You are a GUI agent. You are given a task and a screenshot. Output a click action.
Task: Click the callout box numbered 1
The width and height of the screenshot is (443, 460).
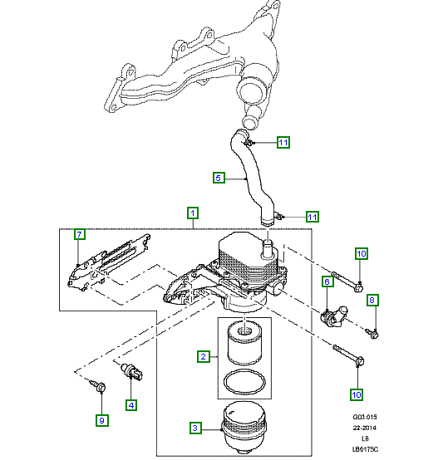[x=193, y=213]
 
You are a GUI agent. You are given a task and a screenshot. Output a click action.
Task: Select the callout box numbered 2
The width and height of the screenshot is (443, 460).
[x=203, y=356]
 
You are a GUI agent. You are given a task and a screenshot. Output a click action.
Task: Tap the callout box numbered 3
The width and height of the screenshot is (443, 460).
[x=195, y=428]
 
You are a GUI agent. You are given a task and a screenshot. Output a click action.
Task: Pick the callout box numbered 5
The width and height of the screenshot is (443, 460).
[x=219, y=178]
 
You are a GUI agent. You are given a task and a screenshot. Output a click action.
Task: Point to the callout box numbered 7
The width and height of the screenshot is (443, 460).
[x=79, y=234]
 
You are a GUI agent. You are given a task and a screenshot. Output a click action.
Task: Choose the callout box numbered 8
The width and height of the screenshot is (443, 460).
[x=372, y=300]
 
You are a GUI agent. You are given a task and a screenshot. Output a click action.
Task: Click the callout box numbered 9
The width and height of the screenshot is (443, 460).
[x=102, y=420]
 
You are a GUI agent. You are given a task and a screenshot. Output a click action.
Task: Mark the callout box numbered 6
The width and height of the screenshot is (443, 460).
[x=327, y=281]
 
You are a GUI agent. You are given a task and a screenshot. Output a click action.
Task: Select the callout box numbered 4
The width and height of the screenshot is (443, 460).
[x=131, y=405]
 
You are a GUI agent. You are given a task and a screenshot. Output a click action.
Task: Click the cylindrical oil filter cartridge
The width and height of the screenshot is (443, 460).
[x=244, y=343]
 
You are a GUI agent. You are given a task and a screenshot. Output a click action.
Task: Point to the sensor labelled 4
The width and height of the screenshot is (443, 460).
[x=132, y=371]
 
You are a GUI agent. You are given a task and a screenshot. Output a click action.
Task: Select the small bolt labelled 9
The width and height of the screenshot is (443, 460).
[x=98, y=385]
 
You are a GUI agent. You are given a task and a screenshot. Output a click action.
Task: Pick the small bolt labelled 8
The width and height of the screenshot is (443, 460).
[x=372, y=333]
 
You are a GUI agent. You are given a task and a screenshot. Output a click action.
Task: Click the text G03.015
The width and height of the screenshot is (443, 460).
[x=365, y=417]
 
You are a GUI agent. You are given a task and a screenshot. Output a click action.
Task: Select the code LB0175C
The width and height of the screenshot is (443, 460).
[x=365, y=449]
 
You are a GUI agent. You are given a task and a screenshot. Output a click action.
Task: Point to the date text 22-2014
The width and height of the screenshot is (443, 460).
[x=365, y=428]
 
